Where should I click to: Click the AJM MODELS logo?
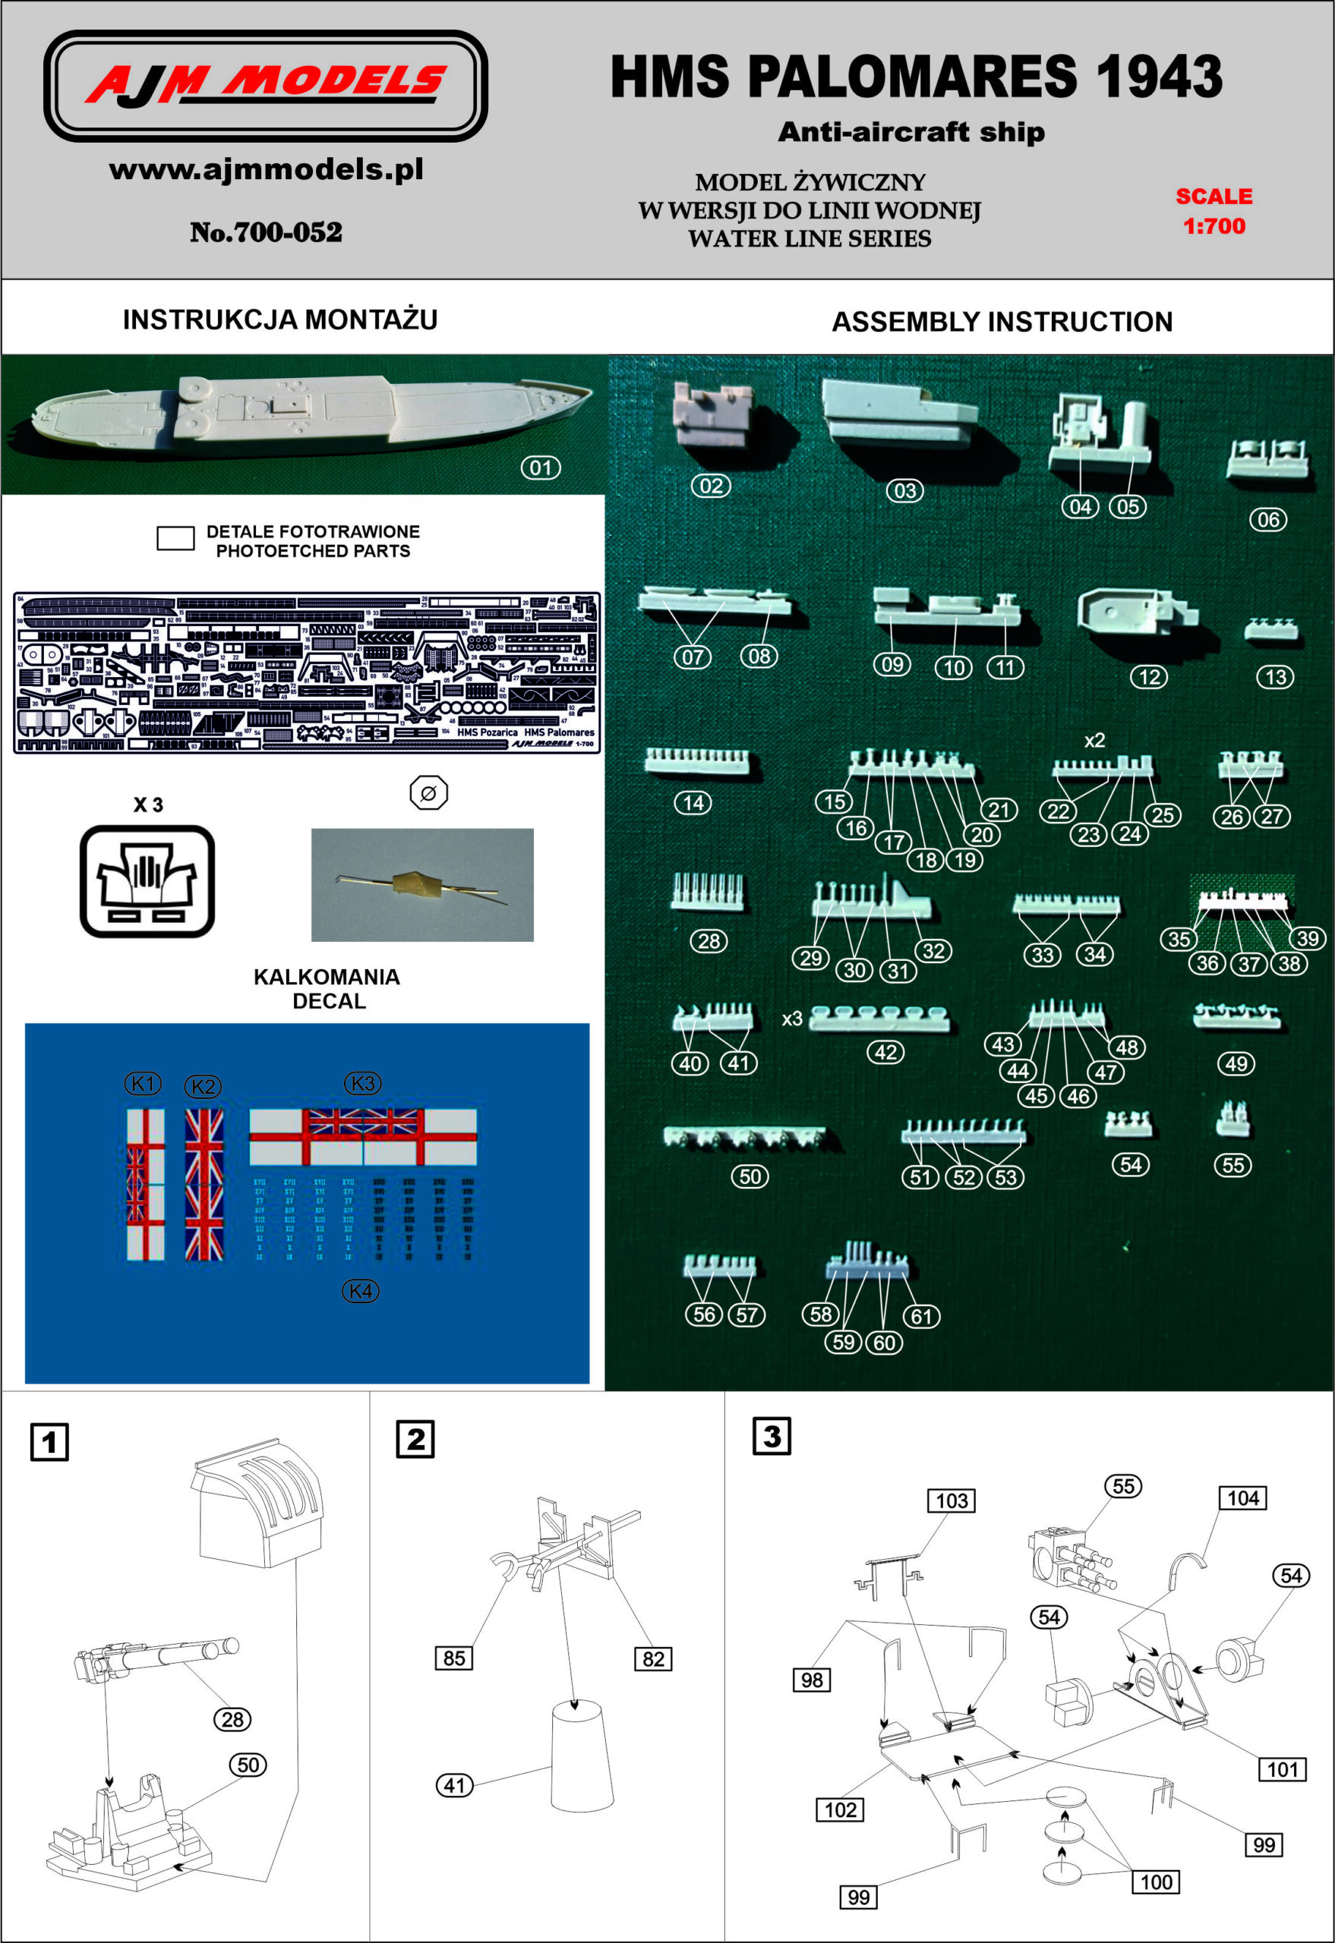tap(265, 85)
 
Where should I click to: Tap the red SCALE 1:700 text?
tap(1213, 211)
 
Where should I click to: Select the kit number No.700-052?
tap(266, 231)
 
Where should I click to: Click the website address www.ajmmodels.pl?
tap(266, 170)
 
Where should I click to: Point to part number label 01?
tap(541, 468)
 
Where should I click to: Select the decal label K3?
tap(362, 1084)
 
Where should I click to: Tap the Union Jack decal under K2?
tap(204, 1184)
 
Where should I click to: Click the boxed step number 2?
tap(415, 1439)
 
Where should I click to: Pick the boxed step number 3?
tap(772, 1436)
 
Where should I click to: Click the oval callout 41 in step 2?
tap(454, 1786)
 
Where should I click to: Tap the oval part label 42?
tap(885, 1052)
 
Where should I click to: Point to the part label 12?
tap(1149, 677)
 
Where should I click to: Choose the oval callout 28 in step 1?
tap(232, 1719)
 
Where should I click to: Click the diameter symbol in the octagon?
tap(428, 792)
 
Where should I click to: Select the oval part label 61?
tap(921, 1316)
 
